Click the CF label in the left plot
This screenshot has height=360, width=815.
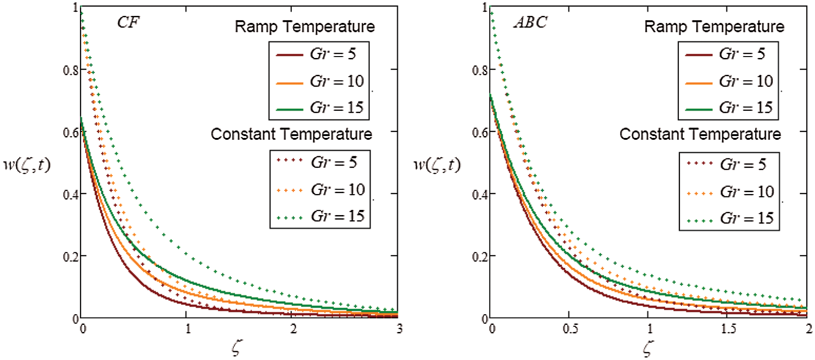pos(128,22)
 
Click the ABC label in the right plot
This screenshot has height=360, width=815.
pos(530,22)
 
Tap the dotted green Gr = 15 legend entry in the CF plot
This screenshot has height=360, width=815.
pos(320,216)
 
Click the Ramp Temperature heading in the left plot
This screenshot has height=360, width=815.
pos(304,27)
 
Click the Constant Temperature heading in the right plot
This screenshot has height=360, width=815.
pos(700,134)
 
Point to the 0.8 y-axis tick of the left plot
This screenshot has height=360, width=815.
pos(71,70)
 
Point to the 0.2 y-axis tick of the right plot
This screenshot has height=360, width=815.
pos(480,256)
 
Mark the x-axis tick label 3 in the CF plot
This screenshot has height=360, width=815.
pos(399,329)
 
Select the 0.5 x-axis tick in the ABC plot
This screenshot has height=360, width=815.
pos(570,329)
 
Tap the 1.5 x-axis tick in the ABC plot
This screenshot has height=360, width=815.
pos(728,329)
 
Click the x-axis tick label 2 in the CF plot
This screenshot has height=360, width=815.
pos(293,329)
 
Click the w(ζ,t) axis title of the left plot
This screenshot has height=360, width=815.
pos(27,165)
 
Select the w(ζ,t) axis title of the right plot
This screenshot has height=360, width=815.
pos(437,165)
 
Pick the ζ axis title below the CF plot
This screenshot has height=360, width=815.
pos(237,348)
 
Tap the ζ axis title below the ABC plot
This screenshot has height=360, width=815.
pos(648,348)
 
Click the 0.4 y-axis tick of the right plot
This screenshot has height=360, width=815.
pos(480,194)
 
